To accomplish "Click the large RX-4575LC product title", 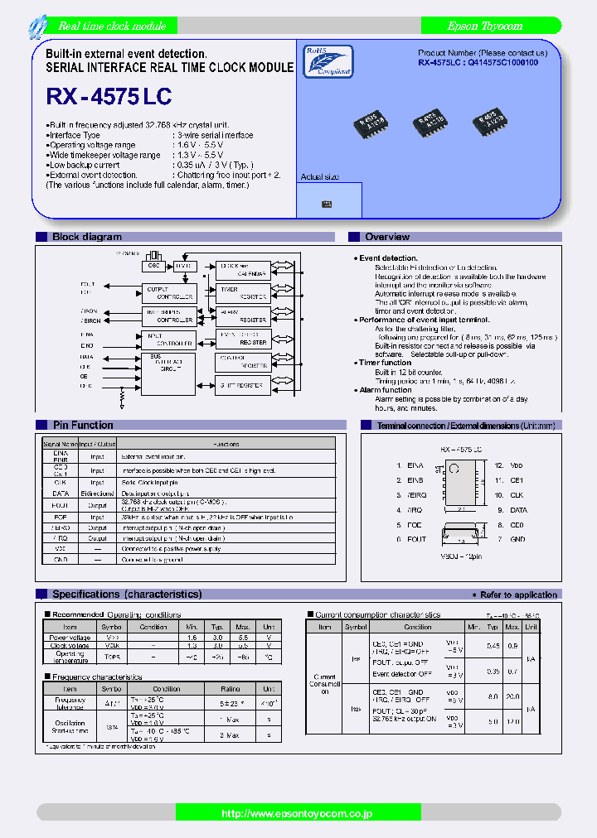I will point(109,97).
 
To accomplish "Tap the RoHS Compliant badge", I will point(328,60).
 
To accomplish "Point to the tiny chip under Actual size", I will point(327,204).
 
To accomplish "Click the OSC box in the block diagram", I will point(153,267).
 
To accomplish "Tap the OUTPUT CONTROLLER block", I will point(169,292).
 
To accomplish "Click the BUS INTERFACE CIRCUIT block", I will point(169,364).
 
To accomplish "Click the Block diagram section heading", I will point(87,237).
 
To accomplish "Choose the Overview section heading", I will point(387,237).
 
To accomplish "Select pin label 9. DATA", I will point(512,510).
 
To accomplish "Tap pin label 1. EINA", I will point(410,466).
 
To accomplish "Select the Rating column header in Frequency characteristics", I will point(230,689).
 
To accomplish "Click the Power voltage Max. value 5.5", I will point(242,638).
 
